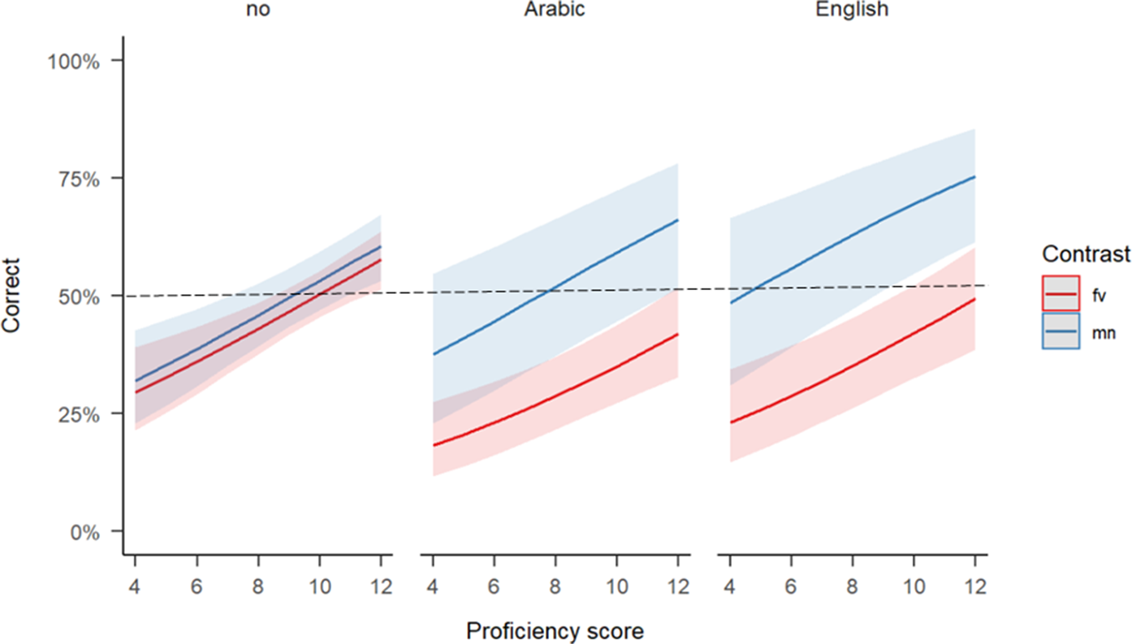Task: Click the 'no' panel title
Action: [x=257, y=11]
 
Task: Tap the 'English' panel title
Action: [x=853, y=11]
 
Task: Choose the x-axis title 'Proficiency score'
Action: [x=555, y=630]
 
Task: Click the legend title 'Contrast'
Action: [x=1086, y=255]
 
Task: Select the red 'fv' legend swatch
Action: [x=1061, y=292]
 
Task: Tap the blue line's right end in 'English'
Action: [x=974, y=176]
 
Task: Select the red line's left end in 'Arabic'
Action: [x=433, y=445]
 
